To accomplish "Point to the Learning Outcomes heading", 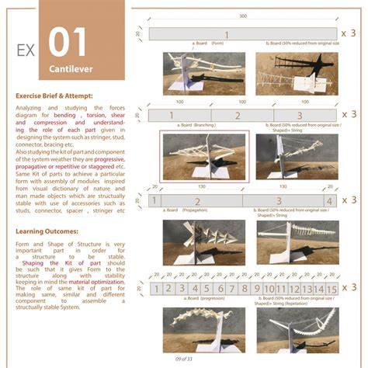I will pyautogui.click(x=46, y=231).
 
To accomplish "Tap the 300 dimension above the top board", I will pyautogui.click(x=242, y=16).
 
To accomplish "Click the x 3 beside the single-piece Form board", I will pyautogui.click(x=350, y=33).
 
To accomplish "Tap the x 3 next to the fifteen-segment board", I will pyautogui.click(x=350, y=288).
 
